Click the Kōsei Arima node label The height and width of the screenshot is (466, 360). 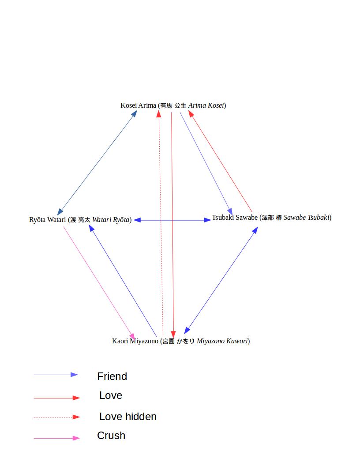click(173, 105)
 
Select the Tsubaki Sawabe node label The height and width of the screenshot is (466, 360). click(271, 218)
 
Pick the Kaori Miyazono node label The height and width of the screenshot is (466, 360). click(181, 341)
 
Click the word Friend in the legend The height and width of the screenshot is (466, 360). click(112, 376)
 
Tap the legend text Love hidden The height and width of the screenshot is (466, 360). click(128, 417)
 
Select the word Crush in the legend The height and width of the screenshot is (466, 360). click(111, 436)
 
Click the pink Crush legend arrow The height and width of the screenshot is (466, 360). click(56, 438)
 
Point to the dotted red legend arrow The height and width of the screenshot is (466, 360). click(56, 417)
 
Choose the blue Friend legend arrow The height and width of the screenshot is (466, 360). click(56, 375)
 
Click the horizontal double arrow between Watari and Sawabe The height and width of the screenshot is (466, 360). click(172, 220)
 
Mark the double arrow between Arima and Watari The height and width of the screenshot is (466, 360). click(97, 163)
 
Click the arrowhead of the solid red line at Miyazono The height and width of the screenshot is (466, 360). click(173, 334)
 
